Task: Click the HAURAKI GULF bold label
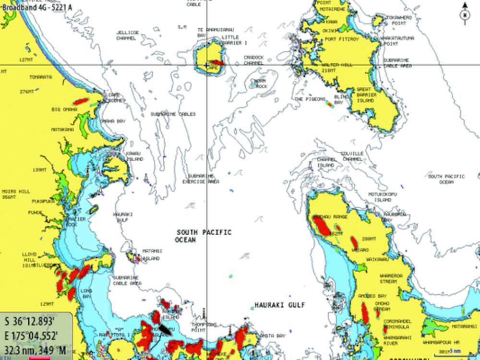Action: pos(280,305)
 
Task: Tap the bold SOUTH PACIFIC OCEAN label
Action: pos(203,236)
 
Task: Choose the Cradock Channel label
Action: pos(253,60)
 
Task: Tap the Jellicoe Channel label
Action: pos(127,35)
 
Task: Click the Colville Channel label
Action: pos(352,156)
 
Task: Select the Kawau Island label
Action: pos(134,156)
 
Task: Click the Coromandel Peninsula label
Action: pos(396,324)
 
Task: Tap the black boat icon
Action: pos(165,329)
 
